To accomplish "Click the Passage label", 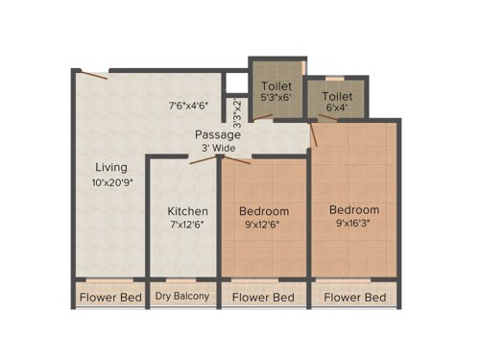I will click(x=219, y=134).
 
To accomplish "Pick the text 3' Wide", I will click(x=219, y=148).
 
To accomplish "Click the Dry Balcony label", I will click(x=182, y=297).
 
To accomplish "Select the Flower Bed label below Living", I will click(x=110, y=298).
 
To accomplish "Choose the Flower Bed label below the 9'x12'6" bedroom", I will click(x=264, y=298).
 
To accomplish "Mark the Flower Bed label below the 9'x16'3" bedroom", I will click(x=355, y=298).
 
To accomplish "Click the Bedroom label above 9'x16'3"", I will click(x=354, y=210).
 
